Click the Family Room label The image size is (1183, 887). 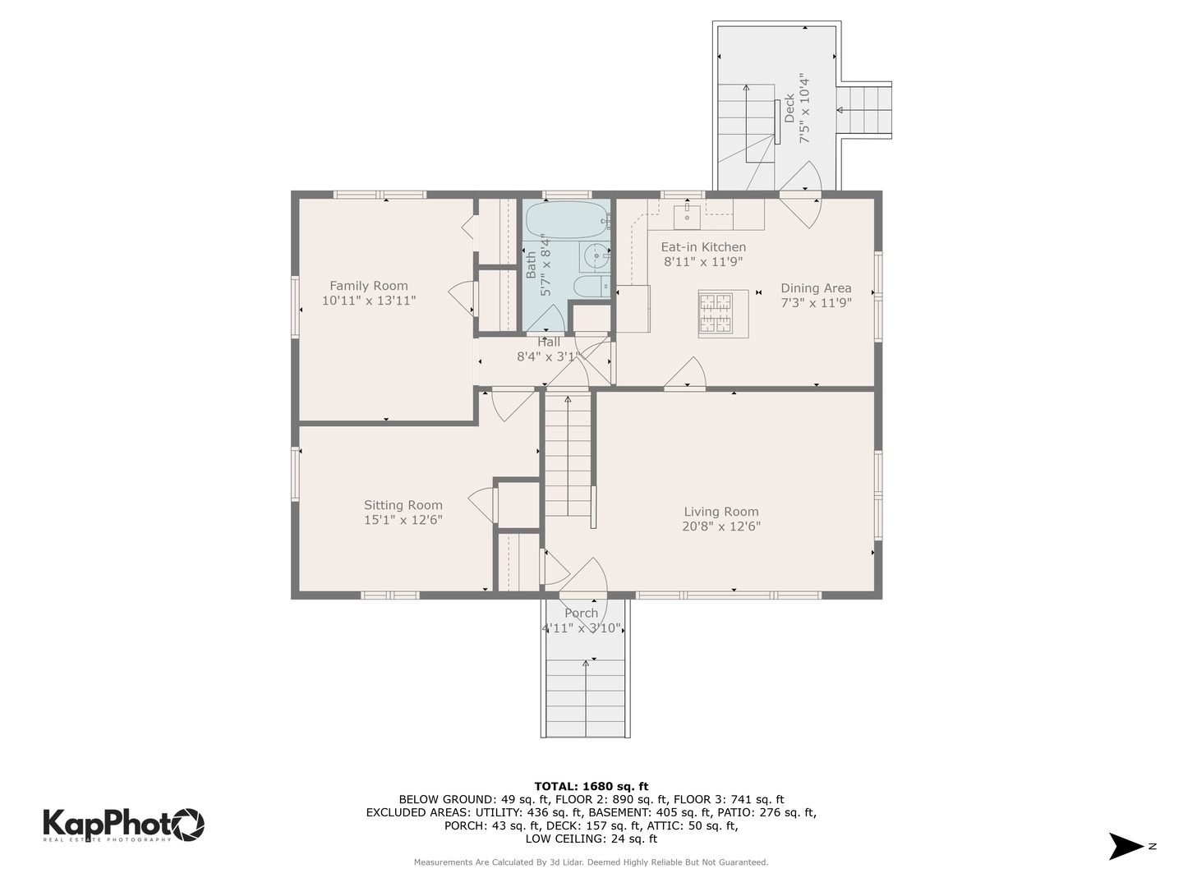[x=368, y=286]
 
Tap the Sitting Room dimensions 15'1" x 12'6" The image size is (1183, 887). [x=403, y=520]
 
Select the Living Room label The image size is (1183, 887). [x=721, y=511]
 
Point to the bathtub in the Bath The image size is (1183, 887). [x=568, y=220]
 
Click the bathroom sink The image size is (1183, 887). [x=595, y=257]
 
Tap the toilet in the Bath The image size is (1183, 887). [x=591, y=287]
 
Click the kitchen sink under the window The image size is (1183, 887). [x=687, y=217]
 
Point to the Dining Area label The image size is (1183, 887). [x=816, y=288]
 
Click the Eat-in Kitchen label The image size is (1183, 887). [x=703, y=246]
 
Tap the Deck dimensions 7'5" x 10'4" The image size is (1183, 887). [x=804, y=108]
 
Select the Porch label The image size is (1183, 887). [x=581, y=613]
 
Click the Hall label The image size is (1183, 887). [x=549, y=342]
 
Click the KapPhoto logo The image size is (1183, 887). [x=123, y=825]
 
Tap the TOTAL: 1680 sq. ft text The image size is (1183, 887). [x=591, y=786]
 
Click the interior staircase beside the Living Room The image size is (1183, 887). [x=568, y=455]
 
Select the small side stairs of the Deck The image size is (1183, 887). [x=863, y=110]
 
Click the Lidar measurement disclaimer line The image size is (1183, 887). [x=591, y=862]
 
